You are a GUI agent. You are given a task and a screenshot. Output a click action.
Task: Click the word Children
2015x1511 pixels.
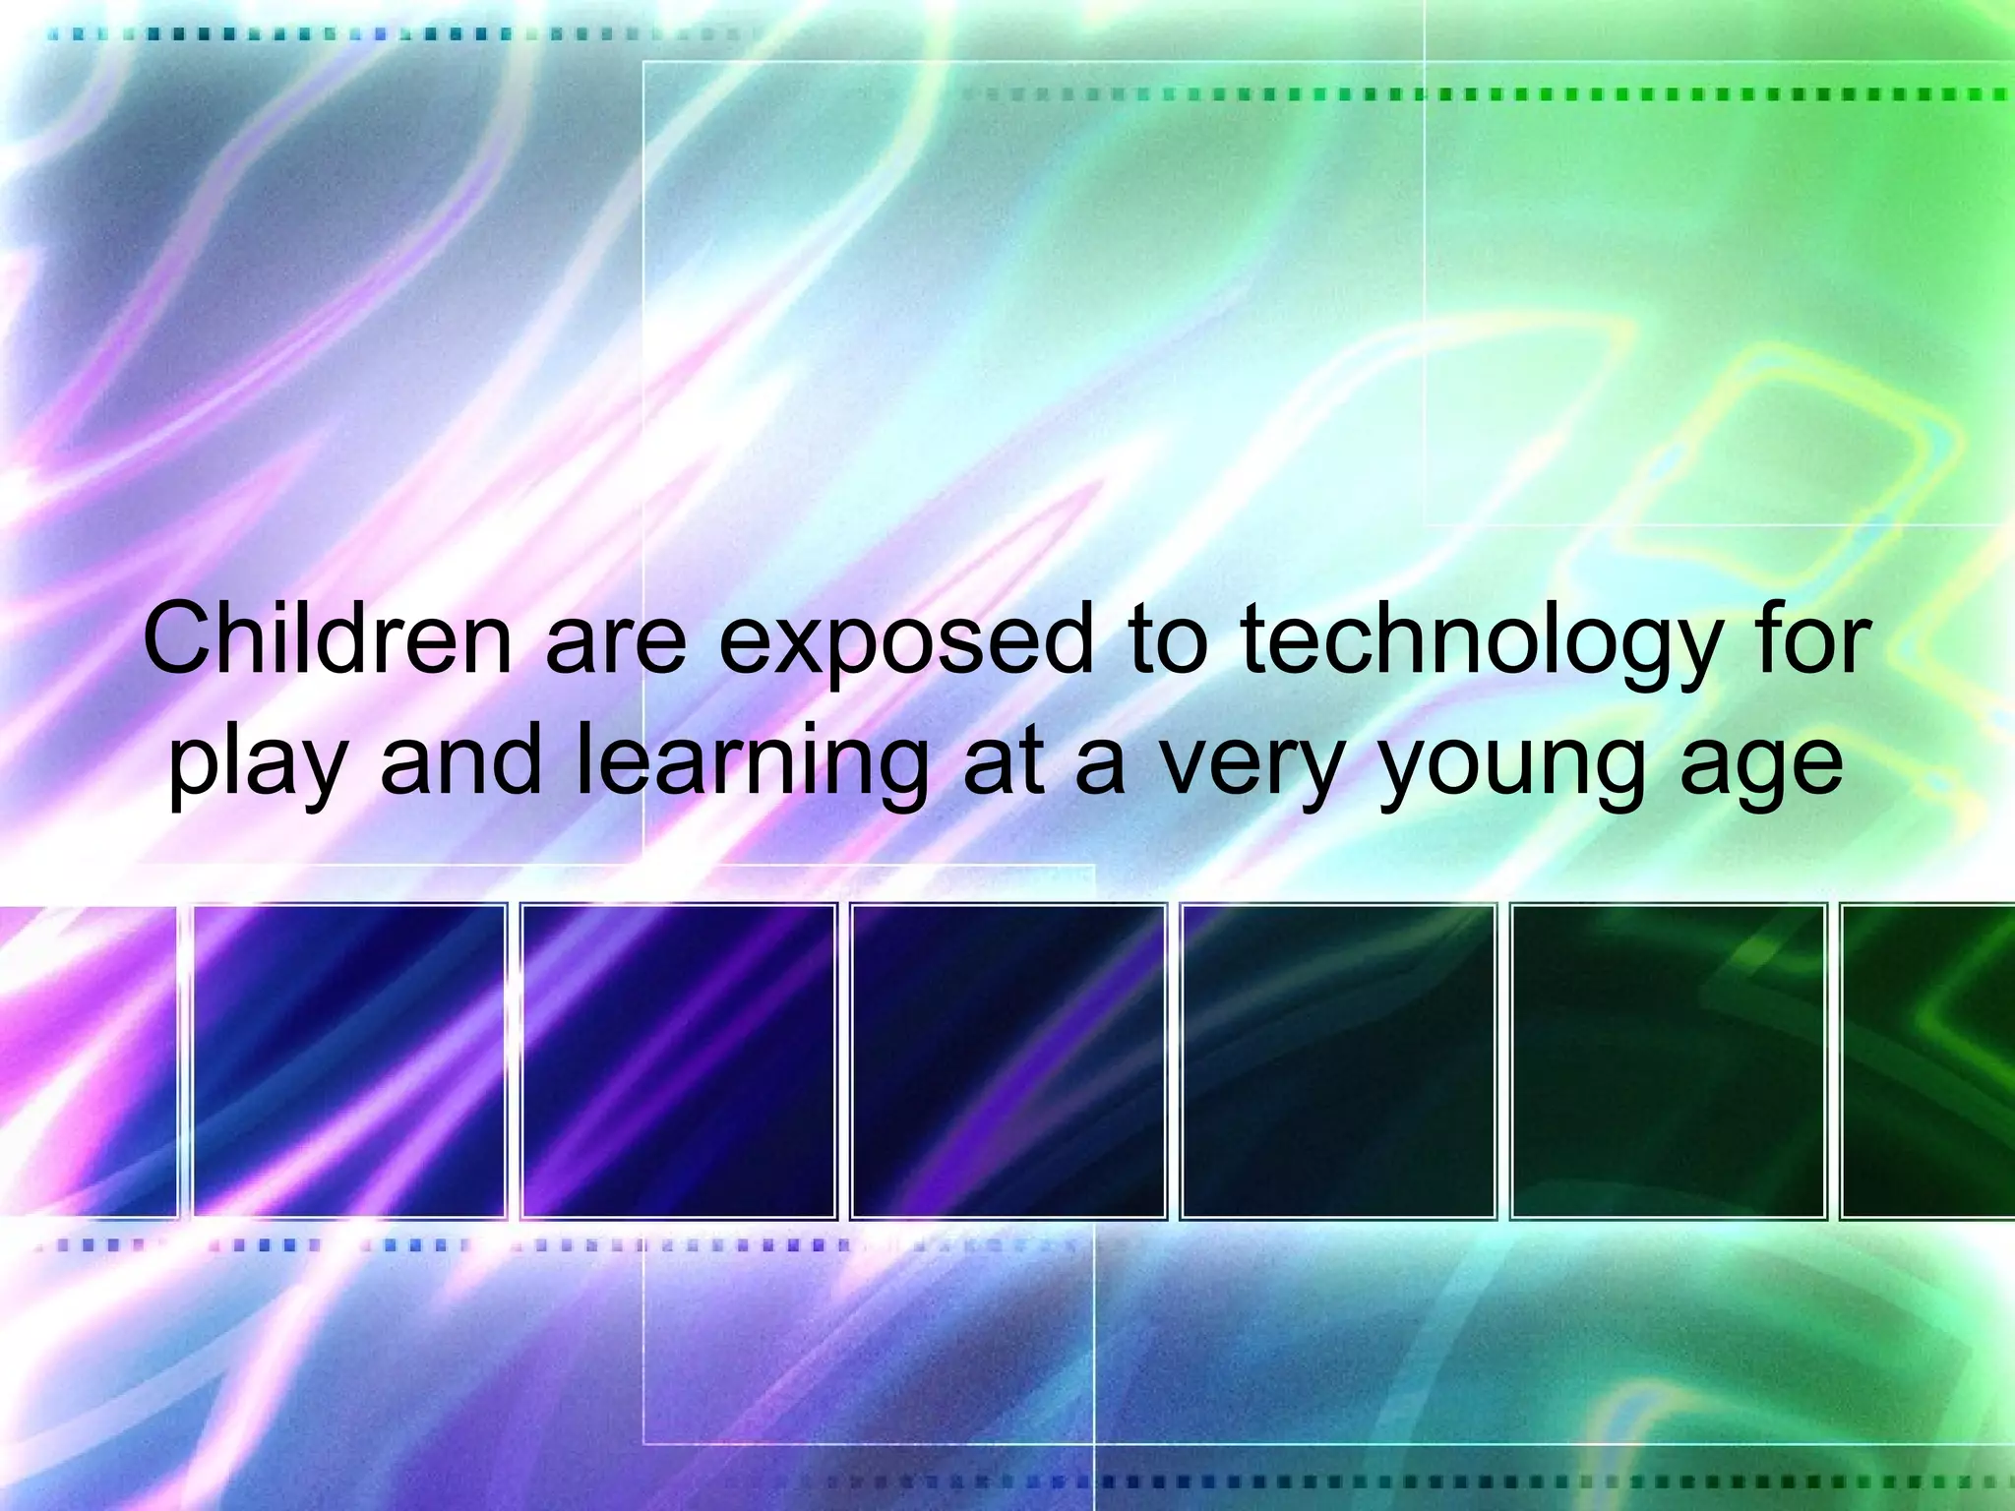[x=328, y=640]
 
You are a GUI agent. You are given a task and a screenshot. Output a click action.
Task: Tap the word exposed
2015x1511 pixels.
[x=906, y=640]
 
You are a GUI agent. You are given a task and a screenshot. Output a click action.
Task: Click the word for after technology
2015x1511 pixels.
[x=1810, y=640]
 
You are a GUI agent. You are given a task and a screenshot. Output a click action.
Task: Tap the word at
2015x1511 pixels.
[x=1003, y=762]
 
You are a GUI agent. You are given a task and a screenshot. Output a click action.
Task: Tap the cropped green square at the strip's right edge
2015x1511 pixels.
[x=1928, y=1060]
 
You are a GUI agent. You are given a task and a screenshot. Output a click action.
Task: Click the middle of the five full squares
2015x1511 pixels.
[x=1008, y=1060]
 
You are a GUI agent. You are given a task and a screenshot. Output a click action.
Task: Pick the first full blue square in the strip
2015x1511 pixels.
[x=349, y=1060]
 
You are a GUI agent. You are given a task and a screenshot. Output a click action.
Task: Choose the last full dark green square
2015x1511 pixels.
[x=1668, y=1060]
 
